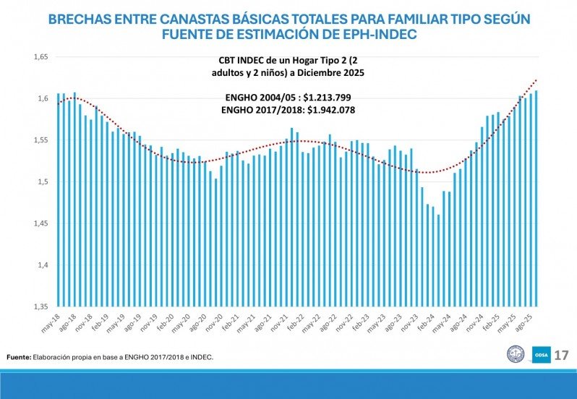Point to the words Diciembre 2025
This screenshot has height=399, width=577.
click(x=335, y=74)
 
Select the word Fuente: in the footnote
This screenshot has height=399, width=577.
click(x=19, y=357)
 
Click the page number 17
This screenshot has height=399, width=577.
click(x=562, y=355)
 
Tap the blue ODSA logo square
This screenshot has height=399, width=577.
click(x=541, y=355)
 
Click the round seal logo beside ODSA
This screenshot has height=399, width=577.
click(x=516, y=355)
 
